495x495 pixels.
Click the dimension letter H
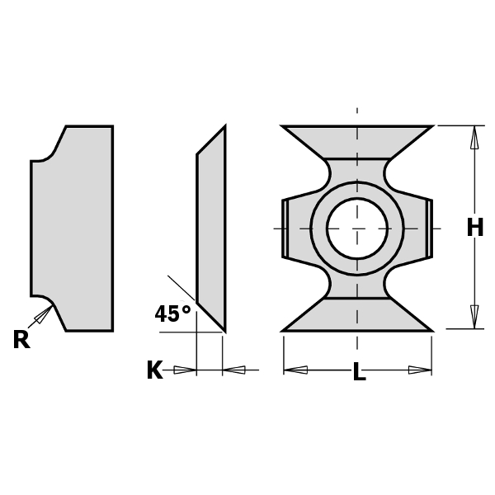474,228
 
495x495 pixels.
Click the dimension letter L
359,372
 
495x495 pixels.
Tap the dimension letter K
154,370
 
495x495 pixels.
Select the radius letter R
21,340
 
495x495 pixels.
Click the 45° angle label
172,314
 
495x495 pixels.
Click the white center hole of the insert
356,228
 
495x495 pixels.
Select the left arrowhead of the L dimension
295,370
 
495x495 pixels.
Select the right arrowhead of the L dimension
420,370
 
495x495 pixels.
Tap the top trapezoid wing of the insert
356,141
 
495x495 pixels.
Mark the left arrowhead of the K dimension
186,370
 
